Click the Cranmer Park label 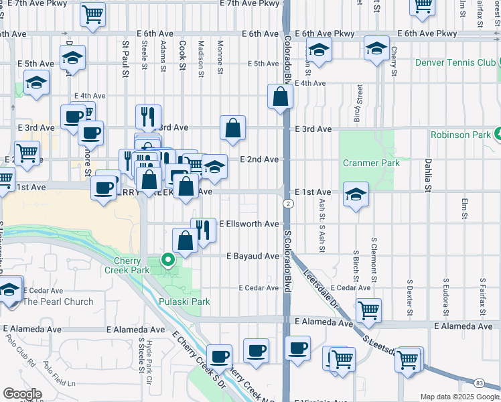tap(371, 163)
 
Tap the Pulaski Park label tap(184, 301)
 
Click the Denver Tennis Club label tap(455, 62)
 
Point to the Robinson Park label tap(461, 134)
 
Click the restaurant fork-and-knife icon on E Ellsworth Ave tap(204, 230)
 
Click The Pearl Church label tap(58, 301)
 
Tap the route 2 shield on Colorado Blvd tap(287, 203)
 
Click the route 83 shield tap(478, 383)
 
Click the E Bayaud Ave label tap(252, 256)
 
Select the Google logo tap(21, 394)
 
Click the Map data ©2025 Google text tap(459, 397)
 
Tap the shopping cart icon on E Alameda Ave tap(368, 310)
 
